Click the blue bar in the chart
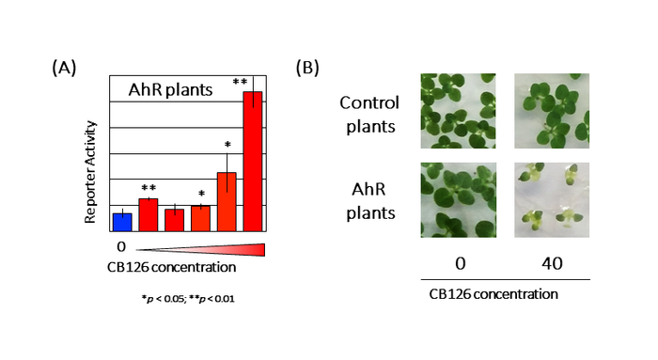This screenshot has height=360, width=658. pyautogui.click(x=122, y=222)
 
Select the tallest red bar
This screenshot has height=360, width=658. pyautogui.click(x=253, y=161)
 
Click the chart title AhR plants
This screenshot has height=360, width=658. pyautogui.click(x=170, y=90)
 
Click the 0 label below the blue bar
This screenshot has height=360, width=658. pyautogui.click(x=121, y=246)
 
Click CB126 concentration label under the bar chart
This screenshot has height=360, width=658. pyautogui.click(x=171, y=266)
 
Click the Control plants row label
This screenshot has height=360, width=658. pyautogui.click(x=368, y=112)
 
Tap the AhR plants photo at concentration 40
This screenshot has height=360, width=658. pyautogui.click(x=552, y=198)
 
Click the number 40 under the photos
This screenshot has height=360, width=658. pyautogui.click(x=552, y=264)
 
